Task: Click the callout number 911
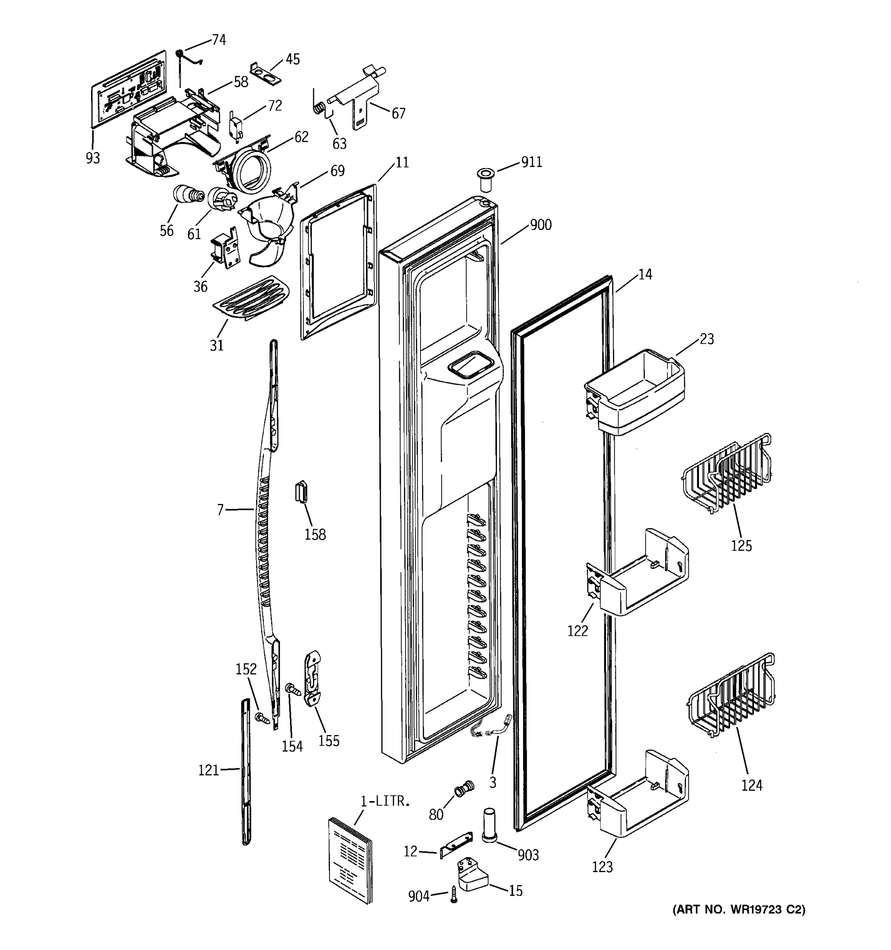coord(531,162)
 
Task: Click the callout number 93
coord(93,158)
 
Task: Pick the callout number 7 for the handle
coord(220,510)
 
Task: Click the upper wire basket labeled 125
coord(727,473)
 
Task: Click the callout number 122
coord(577,631)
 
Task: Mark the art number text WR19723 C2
coord(739,923)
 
